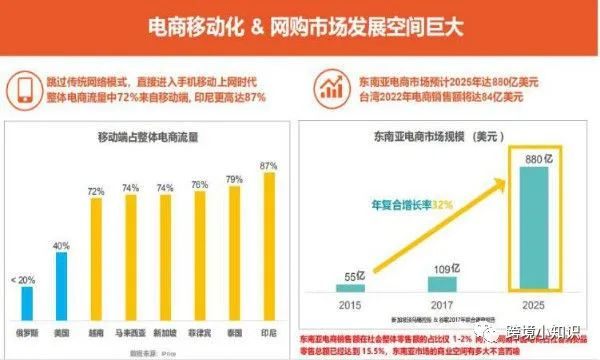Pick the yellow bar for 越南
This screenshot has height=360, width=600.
click(x=96, y=256)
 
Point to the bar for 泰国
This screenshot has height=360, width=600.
click(x=233, y=250)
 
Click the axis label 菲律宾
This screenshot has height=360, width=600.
click(x=200, y=329)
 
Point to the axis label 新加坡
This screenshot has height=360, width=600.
click(x=166, y=329)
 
